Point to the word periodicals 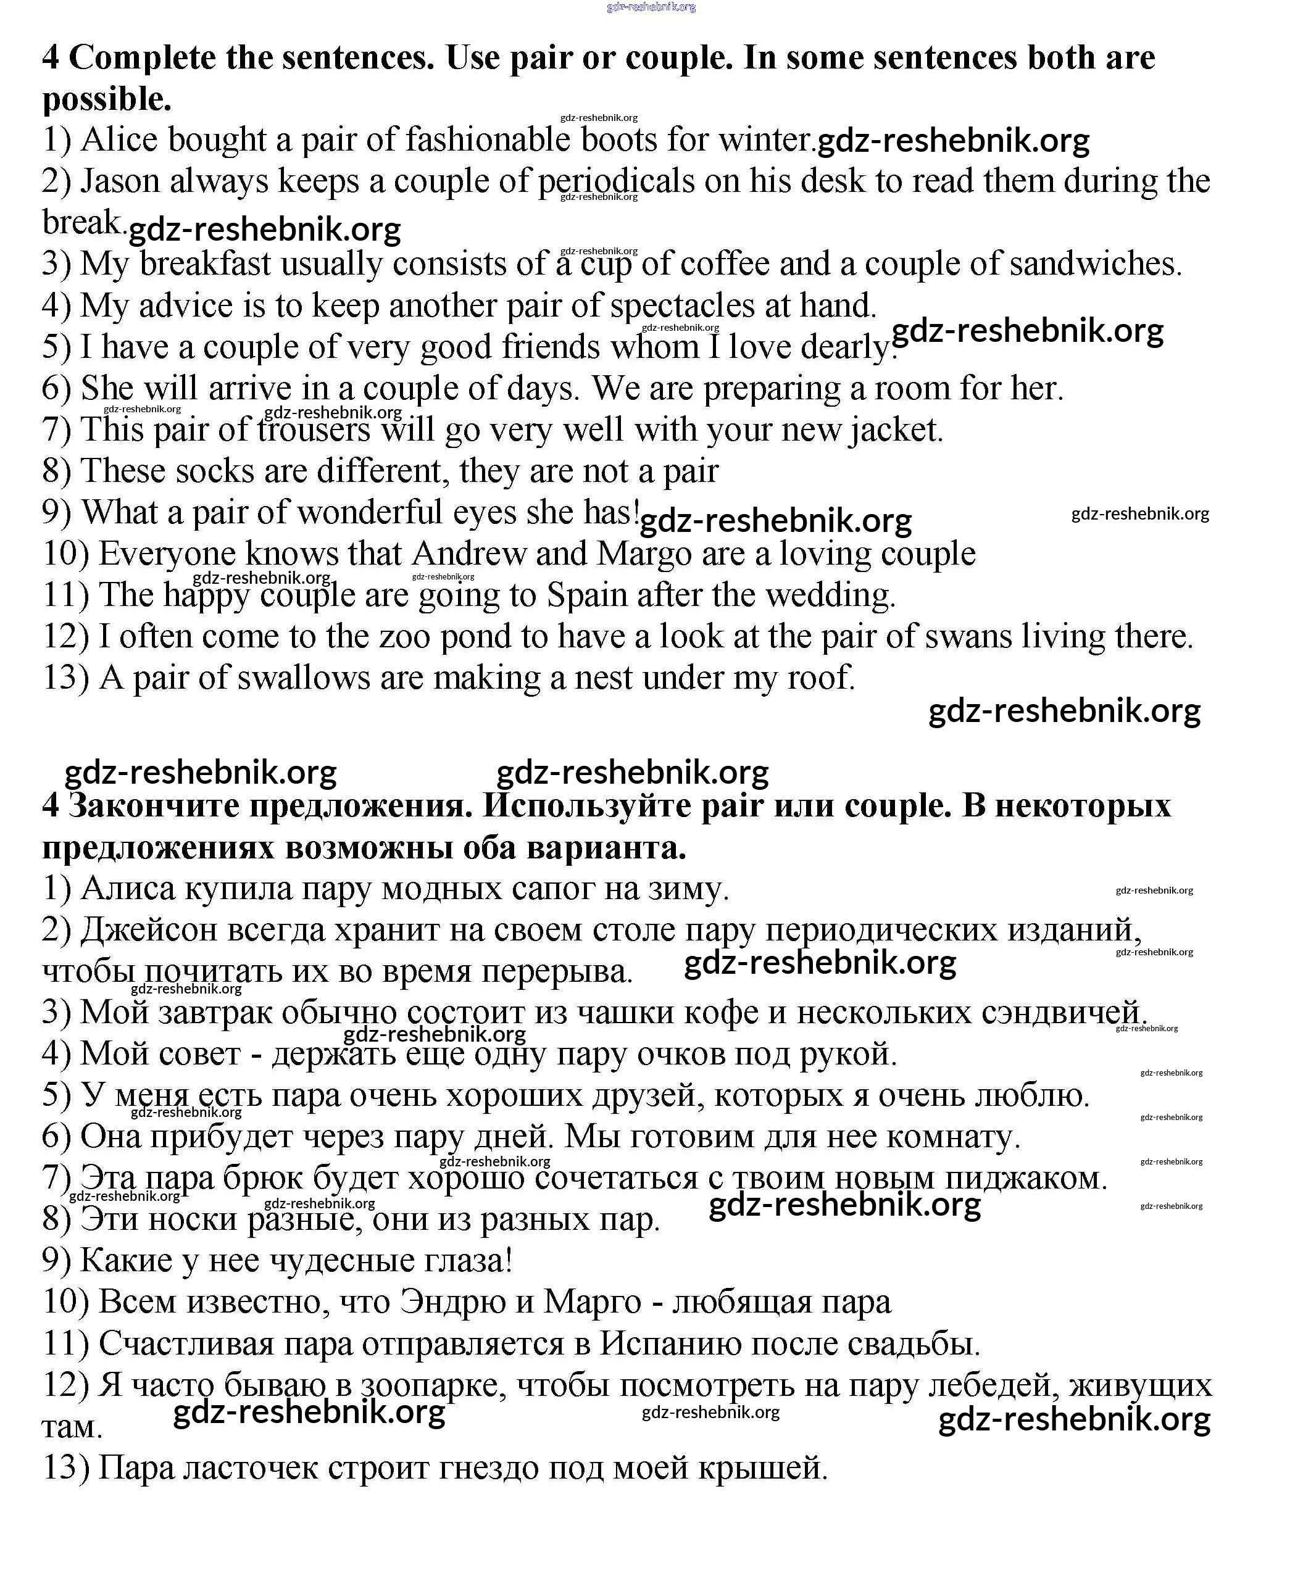(617, 181)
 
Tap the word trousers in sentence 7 (313, 430)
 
